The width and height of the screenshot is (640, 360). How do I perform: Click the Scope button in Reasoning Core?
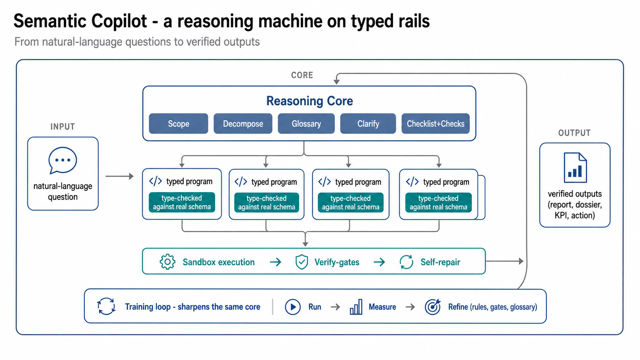point(178,124)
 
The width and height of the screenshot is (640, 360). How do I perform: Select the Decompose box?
point(243,124)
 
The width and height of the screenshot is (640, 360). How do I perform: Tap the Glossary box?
point(306,124)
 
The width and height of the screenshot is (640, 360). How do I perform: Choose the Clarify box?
point(368,124)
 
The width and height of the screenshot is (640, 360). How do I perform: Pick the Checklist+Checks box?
point(436,124)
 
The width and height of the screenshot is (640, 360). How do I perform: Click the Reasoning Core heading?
point(309,101)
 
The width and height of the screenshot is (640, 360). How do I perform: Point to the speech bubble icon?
point(62,160)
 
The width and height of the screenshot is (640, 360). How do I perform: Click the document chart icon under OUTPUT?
point(575,168)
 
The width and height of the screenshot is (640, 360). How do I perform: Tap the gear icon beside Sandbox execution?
point(167,262)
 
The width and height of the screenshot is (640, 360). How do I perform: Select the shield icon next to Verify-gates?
point(302,262)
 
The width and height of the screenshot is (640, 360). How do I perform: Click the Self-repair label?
point(440,262)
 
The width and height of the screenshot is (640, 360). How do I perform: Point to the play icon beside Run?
point(292,307)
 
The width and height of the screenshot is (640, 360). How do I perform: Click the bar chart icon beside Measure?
point(356,307)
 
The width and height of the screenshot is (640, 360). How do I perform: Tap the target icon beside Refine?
point(433,307)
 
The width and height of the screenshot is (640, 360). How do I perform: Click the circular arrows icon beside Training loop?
point(106,306)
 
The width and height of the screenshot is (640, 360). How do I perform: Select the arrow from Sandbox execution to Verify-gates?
point(276,262)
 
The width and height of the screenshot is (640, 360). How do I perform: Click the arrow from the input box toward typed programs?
point(119,176)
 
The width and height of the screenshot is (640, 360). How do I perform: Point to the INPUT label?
point(62,127)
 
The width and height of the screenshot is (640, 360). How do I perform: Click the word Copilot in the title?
point(119,21)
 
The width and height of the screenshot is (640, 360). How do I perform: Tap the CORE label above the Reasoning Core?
point(302,75)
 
